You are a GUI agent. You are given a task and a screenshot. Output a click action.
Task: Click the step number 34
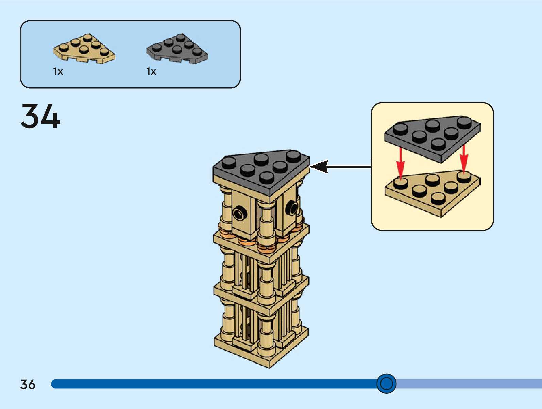pyautogui.click(x=40, y=116)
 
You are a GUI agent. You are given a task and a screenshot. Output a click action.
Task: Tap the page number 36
pyautogui.click(x=28, y=384)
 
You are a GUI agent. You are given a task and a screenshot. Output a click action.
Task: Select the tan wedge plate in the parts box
pyautogui.click(x=84, y=49)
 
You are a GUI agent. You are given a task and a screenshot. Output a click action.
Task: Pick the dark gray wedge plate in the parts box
pyautogui.click(x=177, y=49)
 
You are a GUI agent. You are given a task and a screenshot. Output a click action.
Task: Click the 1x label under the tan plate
pyautogui.click(x=58, y=71)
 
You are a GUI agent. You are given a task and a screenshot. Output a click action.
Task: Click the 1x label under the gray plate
pyautogui.click(x=151, y=71)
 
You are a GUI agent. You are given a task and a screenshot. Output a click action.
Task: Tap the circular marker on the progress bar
pyautogui.click(x=386, y=384)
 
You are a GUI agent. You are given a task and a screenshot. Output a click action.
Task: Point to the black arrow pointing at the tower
pyautogui.click(x=340, y=167)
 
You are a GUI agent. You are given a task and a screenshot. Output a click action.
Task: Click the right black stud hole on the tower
pyautogui.click(x=291, y=207)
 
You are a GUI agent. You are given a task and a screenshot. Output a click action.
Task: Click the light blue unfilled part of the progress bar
pyautogui.click(x=469, y=384)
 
